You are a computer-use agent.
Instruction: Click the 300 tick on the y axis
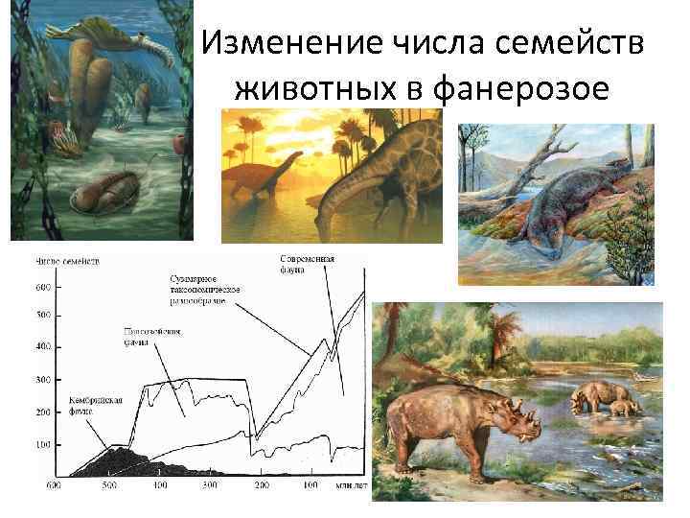point(43,381)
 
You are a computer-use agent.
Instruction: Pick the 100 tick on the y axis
point(43,445)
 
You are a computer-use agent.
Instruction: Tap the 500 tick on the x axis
point(109,486)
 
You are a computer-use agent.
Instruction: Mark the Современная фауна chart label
point(306,265)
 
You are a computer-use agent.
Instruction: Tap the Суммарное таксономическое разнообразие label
point(206,289)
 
